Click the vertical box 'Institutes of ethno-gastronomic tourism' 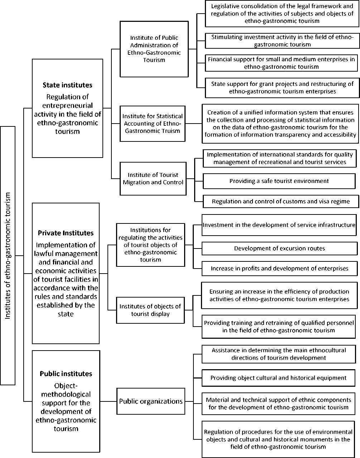tap(8, 255)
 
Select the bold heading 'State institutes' tap(67, 85)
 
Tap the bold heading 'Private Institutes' tap(66, 233)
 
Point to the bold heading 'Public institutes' tap(66, 373)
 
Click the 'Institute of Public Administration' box tap(154, 49)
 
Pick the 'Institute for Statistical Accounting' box tap(153, 124)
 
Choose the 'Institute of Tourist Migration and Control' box tap(153, 179)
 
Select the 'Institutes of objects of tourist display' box tap(150, 310)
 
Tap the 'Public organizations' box tap(151, 401)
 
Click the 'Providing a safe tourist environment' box tap(279, 181)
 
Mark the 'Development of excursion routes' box tap(279, 249)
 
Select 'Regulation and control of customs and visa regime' tap(280, 201)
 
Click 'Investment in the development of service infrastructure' tap(279, 225)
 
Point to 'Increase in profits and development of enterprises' tap(279, 269)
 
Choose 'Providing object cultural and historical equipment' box tap(278, 378)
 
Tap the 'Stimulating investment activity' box tap(282, 41)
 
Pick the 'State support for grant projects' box tap(282, 88)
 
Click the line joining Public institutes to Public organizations tap(108, 401)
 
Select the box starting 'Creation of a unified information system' tap(280, 124)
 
